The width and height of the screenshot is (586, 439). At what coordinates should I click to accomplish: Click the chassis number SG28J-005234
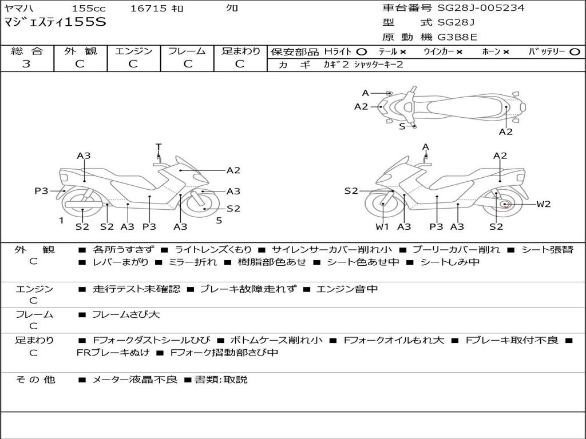tap(481, 7)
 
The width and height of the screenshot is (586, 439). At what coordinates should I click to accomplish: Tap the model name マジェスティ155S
tap(55, 22)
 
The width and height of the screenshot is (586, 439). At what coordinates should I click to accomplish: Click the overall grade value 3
tap(26, 64)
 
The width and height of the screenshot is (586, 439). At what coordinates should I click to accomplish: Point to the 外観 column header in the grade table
tap(80, 51)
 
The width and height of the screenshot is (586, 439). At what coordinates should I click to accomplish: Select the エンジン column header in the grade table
tap(133, 51)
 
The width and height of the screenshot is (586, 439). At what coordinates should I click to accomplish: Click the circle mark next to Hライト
tap(362, 52)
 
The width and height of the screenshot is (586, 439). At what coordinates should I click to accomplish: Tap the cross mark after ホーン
tap(506, 52)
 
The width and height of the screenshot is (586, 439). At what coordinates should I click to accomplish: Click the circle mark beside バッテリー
tap(575, 52)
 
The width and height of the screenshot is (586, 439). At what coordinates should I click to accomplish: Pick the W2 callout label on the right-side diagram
tap(544, 204)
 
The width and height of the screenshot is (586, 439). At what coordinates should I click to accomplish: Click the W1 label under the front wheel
tap(382, 226)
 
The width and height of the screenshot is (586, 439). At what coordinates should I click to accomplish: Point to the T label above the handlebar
tap(159, 147)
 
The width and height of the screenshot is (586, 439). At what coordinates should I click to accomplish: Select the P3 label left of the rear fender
tap(41, 191)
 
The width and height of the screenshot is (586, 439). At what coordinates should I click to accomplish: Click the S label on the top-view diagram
tap(402, 126)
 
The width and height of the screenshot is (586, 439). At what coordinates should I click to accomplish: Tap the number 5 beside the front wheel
tap(219, 221)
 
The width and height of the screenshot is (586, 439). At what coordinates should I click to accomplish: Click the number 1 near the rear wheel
tap(61, 221)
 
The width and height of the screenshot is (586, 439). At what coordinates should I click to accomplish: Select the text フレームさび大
tap(126, 315)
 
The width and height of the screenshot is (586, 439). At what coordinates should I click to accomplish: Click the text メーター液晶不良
tap(134, 380)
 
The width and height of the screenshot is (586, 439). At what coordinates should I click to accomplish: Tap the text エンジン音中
tap(347, 289)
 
